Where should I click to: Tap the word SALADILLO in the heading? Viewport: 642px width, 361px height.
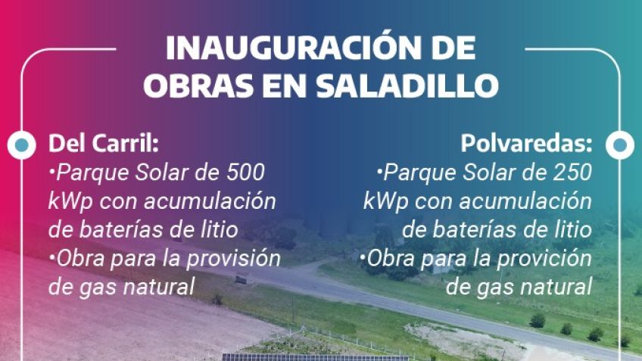(407, 86)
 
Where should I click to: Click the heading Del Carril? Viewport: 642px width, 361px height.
(104, 143)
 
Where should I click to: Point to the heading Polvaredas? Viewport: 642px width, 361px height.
(526, 143)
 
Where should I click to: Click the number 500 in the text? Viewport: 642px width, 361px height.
(245, 173)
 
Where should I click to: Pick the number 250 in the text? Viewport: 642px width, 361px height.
(572, 173)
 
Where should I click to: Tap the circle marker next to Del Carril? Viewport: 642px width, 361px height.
(22, 145)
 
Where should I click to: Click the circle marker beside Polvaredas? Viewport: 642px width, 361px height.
(620, 145)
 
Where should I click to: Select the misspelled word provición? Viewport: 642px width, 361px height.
(544, 260)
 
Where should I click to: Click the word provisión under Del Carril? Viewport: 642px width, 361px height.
(233, 260)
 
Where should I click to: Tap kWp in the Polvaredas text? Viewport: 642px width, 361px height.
(385, 202)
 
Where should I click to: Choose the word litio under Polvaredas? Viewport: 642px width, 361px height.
(574, 229)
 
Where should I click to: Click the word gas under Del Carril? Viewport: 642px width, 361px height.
(97, 288)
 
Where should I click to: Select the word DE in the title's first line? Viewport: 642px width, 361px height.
(453, 48)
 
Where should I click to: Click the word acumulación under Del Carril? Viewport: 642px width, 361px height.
(210, 201)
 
